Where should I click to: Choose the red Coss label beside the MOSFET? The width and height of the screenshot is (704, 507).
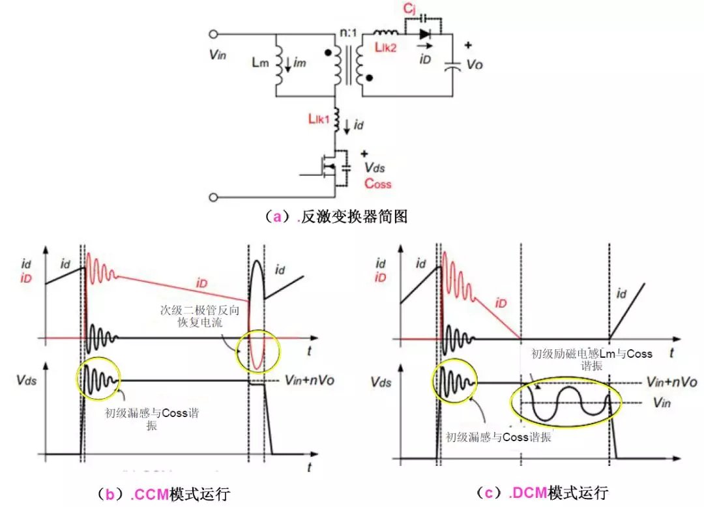click(x=378, y=184)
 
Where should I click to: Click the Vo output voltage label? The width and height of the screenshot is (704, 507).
click(x=474, y=66)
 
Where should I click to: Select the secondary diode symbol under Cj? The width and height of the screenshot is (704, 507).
click(x=426, y=33)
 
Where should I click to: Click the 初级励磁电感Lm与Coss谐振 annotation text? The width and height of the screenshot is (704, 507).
click(x=592, y=360)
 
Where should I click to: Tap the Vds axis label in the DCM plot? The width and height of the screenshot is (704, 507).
click(x=380, y=381)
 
